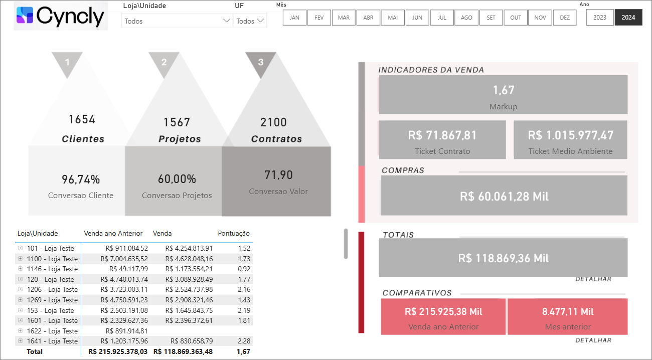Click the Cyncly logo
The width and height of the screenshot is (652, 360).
(x=61, y=16)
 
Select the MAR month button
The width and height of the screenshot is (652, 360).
(x=344, y=18)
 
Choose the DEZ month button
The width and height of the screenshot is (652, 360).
(x=565, y=18)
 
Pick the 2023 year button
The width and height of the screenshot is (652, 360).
(x=599, y=18)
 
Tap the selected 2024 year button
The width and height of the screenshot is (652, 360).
(x=628, y=18)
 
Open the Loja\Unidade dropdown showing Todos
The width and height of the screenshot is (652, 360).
(x=177, y=21)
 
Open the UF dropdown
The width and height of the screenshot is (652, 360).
(x=250, y=21)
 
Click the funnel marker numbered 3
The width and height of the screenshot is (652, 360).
(x=260, y=63)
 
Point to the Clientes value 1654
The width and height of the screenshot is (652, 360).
(x=82, y=119)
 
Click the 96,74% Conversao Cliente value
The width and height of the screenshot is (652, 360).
(x=81, y=179)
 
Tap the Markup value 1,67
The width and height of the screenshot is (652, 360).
(x=503, y=90)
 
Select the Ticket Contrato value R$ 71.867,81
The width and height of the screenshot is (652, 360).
(x=442, y=135)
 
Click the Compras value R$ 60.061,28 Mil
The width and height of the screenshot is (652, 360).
(x=504, y=196)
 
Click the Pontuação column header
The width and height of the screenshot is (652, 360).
(x=234, y=233)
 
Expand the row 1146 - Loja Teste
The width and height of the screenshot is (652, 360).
(x=20, y=269)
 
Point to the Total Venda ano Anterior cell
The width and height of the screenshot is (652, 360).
(x=118, y=351)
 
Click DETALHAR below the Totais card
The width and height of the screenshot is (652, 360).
(x=593, y=279)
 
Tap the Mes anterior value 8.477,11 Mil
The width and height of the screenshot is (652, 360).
(x=567, y=311)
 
